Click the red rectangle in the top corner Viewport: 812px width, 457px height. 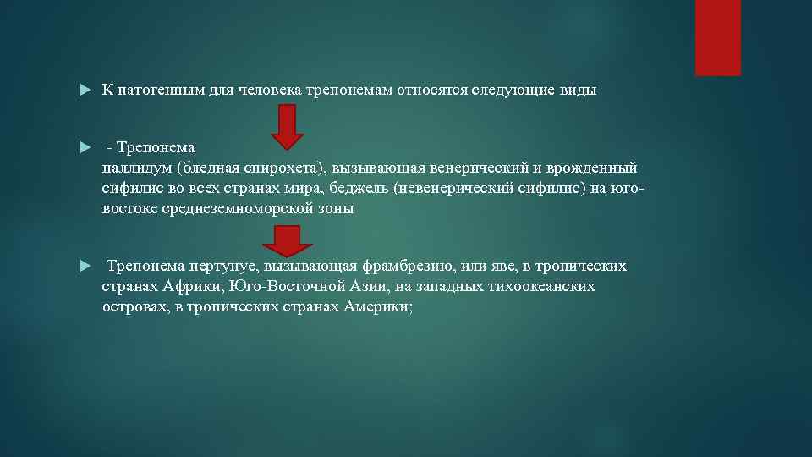(x=717, y=37)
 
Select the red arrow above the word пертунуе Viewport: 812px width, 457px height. (x=288, y=240)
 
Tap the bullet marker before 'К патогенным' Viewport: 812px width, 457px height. (x=84, y=90)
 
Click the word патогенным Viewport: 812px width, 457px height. (x=162, y=90)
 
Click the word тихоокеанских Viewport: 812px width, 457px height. (x=540, y=286)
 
